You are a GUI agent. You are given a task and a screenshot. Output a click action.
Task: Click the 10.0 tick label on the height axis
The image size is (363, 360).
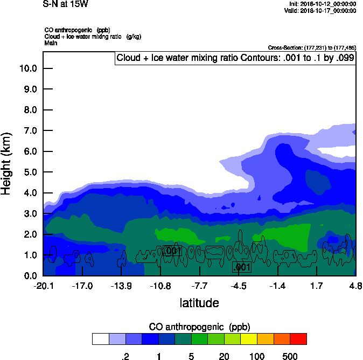pyautogui.click(x=28, y=68)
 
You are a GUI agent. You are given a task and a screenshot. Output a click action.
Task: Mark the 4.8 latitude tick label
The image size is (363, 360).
pyautogui.click(x=355, y=285)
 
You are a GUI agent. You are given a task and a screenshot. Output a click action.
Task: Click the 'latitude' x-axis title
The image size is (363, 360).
pyautogui.click(x=199, y=303)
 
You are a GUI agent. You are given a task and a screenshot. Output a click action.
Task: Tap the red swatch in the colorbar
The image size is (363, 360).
pyautogui.click(x=298, y=338)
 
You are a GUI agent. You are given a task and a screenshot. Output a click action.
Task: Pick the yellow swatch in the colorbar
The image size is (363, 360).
pyautogui.click(x=249, y=338)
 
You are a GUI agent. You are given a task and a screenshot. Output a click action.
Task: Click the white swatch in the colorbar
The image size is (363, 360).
pyautogui.click(x=100, y=338)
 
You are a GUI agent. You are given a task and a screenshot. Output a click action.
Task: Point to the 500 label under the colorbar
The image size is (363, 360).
pyautogui.click(x=290, y=356)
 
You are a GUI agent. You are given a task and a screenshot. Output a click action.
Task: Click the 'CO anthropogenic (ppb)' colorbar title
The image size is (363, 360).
pyautogui.click(x=199, y=327)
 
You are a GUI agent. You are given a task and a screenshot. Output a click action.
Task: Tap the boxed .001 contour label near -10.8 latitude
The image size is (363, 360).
pyautogui.click(x=171, y=251)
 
